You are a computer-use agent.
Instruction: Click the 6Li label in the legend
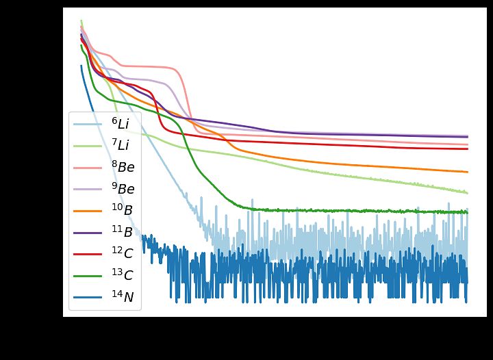coord(121,124)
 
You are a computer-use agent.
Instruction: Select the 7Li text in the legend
coord(121,145)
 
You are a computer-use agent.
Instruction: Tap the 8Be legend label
coord(123,167)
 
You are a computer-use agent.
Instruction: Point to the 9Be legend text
coord(123,189)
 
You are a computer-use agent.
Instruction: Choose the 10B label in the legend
coord(122,211)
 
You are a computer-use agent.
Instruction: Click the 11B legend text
coord(122,233)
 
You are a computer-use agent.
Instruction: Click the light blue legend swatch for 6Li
coord(86,125)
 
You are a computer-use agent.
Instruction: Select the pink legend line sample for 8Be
coord(86,168)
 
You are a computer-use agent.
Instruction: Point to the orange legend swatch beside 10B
coord(86,211)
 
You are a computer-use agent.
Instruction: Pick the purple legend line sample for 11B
coord(86,233)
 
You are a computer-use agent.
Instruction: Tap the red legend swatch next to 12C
coord(86,255)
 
